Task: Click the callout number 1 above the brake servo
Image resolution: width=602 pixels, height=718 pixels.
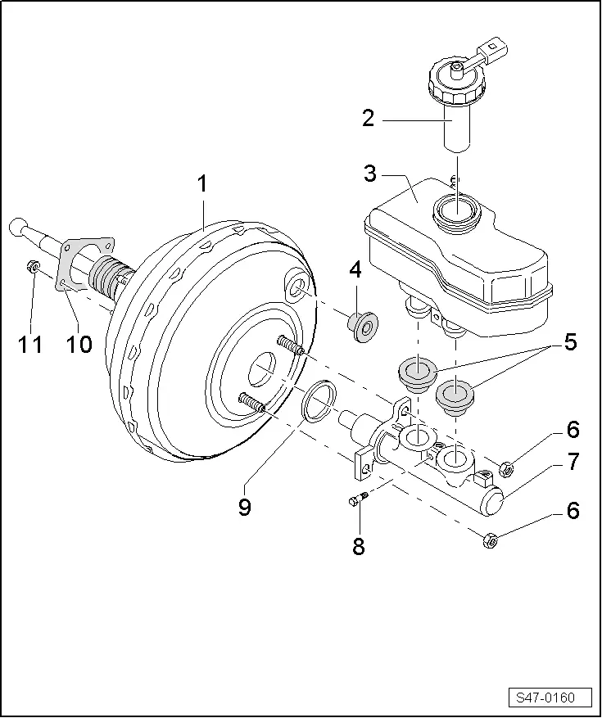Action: pos(202,184)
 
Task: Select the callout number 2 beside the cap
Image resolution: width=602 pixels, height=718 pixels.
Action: pos(368,120)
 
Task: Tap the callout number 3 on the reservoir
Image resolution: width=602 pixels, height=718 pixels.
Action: pos(369,174)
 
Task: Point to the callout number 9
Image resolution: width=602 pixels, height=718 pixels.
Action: pos(245,507)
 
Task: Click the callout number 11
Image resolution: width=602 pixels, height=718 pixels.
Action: pos(30,344)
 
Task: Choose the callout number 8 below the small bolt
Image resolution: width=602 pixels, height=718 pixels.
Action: pos(359,546)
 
